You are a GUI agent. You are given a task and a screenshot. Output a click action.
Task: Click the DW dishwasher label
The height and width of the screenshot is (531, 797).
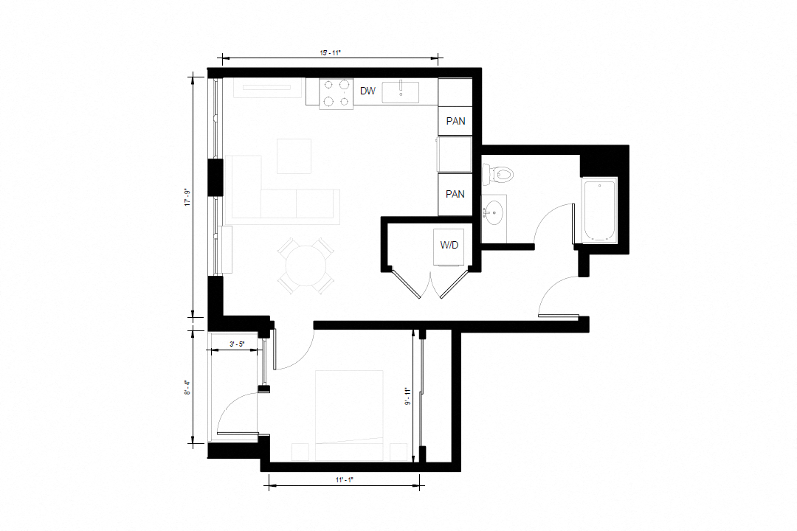click(368, 91)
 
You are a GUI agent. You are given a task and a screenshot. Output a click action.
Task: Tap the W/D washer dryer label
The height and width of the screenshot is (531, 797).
click(450, 245)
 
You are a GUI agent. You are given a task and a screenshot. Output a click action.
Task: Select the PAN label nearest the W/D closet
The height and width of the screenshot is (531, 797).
click(455, 194)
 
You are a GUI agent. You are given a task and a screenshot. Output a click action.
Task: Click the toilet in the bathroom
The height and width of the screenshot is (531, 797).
click(500, 175)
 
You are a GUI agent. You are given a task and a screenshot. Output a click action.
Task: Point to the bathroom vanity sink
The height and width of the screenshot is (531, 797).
click(494, 213)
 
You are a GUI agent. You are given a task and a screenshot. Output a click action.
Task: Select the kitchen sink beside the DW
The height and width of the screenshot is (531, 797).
click(401, 91)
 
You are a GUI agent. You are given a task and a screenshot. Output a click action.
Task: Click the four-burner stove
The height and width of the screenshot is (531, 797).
click(336, 92)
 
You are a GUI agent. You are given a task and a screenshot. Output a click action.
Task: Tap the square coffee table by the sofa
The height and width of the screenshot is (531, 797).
click(294, 156)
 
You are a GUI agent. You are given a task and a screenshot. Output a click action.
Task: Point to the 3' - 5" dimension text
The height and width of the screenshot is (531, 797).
click(237, 344)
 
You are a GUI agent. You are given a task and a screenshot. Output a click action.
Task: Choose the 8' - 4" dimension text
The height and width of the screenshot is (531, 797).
click(188, 386)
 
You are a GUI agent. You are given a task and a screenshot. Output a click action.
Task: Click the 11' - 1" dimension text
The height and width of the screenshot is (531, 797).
click(345, 480)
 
